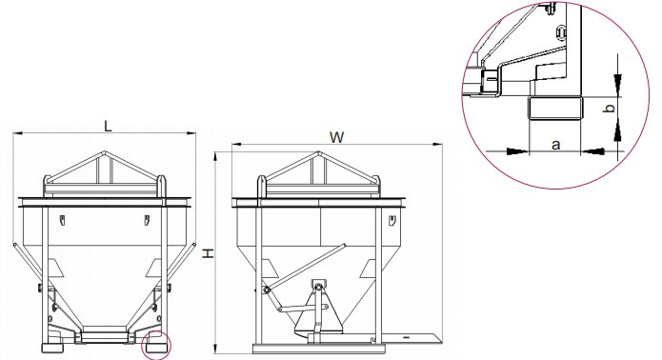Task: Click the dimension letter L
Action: pos(108,126)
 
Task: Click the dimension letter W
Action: pos(336,137)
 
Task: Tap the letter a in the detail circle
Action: pos(556,145)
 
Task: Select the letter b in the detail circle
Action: pos(610,109)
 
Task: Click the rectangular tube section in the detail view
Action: pos(554,108)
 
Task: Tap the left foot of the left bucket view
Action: pos(52,349)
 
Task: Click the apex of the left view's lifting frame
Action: pos(105,152)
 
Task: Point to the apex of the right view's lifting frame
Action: pos(319,152)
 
